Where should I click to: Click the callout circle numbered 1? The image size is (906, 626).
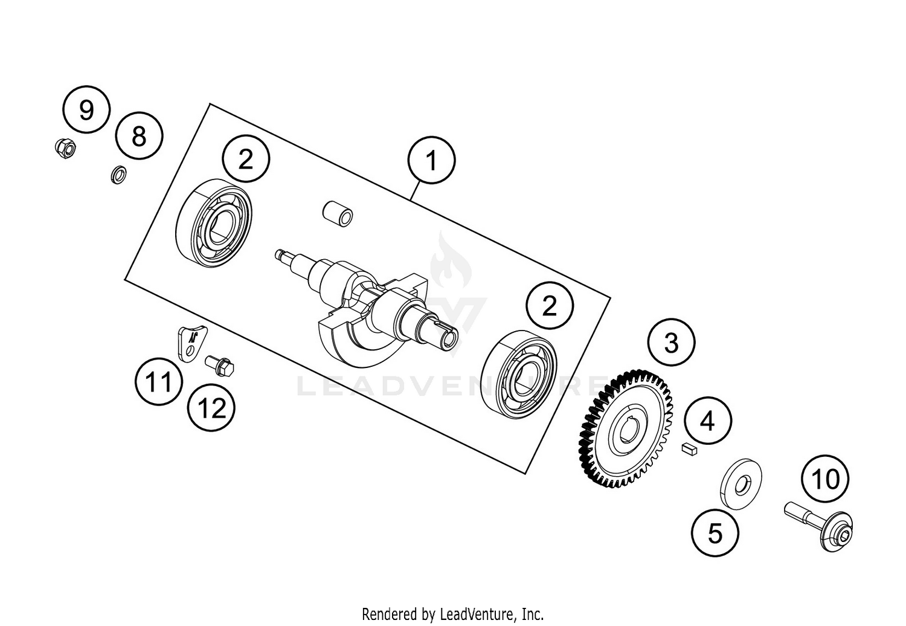tap(431, 161)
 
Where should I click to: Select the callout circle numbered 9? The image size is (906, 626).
tap(86, 110)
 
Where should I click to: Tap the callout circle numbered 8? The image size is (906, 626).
tap(139, 136)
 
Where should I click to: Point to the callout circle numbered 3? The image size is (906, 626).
tap(671, 343)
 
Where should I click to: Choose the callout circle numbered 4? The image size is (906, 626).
tap(707, 421)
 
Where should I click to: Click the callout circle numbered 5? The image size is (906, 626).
tap(715, 533)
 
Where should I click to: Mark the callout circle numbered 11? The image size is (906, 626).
tap(158, 382)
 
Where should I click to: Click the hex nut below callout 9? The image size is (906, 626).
tap(65, 148)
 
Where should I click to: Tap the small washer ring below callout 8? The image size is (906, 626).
tap(119, 175)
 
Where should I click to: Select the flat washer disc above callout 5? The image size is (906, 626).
tap(741, 483)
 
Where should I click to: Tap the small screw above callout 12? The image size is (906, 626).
tap(220, 364)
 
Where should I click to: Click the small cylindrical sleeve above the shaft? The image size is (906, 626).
tap(337, 213)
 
